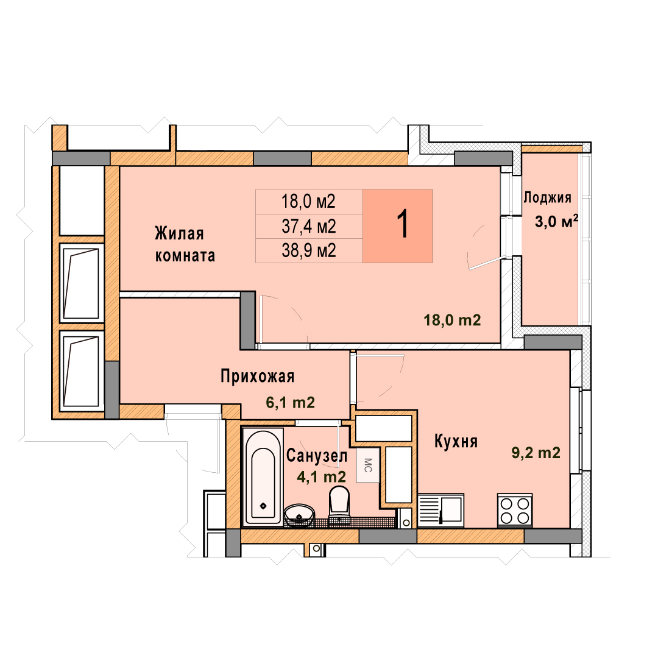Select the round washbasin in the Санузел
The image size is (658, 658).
coord(299,515)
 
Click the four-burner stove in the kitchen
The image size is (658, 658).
coord(514,511)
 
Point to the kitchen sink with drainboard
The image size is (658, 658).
coord(441,511)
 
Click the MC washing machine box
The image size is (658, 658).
coord(367,465)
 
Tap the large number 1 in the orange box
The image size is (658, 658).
coord(403,224)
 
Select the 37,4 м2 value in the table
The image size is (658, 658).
coord(309,227)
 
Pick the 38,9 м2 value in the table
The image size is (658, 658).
coord(309,250)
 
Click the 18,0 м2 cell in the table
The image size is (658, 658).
coord(308,202)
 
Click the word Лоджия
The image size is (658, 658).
coord(547,197)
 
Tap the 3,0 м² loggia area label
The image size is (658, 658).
coord(556,221)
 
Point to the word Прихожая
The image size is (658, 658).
coord(257,376)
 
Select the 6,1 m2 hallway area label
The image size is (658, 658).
coord(291,403)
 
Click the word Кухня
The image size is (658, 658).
coord(456,442)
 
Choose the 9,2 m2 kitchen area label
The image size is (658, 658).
coord(536,453)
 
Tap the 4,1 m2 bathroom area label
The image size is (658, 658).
coord(322,476)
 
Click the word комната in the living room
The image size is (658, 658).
coord(185,255)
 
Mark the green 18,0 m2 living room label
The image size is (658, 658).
coord(452,320)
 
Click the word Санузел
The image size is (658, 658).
coord(317,456)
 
